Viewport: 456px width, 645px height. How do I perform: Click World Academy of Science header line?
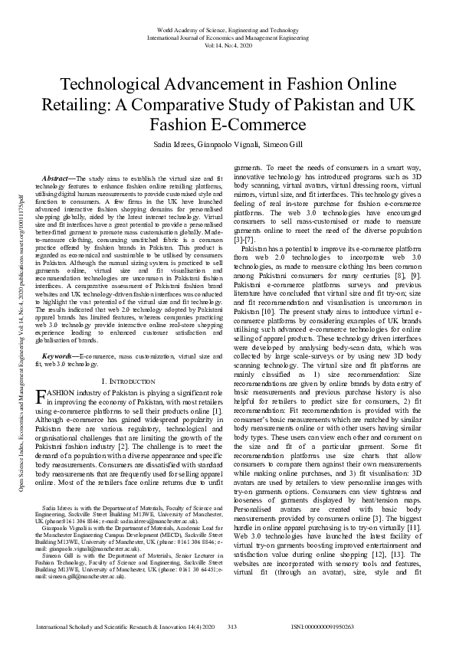228,29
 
